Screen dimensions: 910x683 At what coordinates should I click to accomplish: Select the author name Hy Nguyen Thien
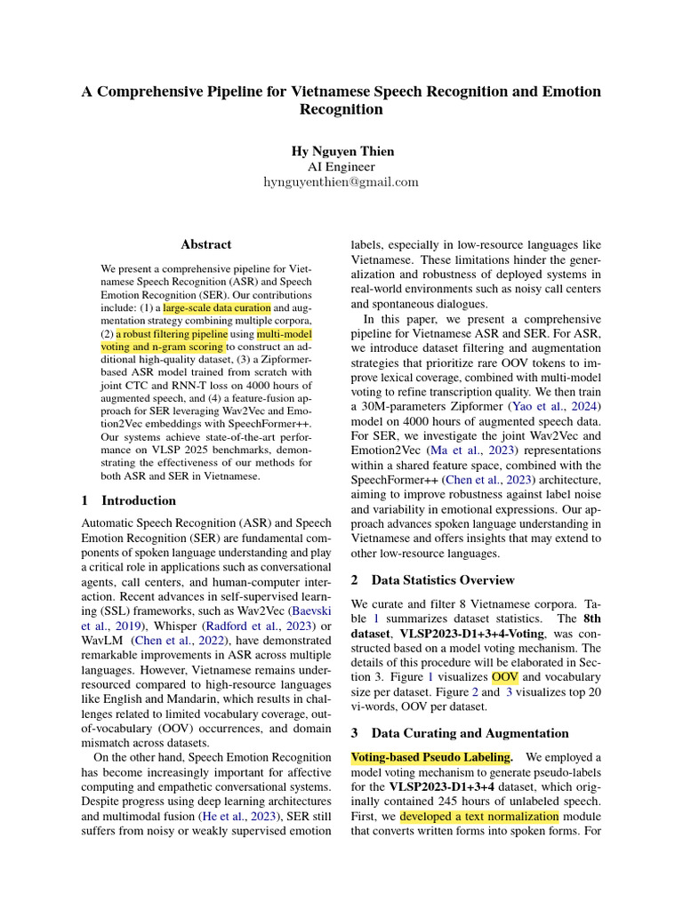coord(341,151)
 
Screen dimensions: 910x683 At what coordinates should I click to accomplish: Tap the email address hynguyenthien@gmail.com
coord(341,181)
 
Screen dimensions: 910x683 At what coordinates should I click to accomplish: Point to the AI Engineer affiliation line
coord(341,166)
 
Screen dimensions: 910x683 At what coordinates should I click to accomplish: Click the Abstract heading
coord(205,244)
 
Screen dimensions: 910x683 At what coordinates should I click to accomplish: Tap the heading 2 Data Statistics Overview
coord(432,580)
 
